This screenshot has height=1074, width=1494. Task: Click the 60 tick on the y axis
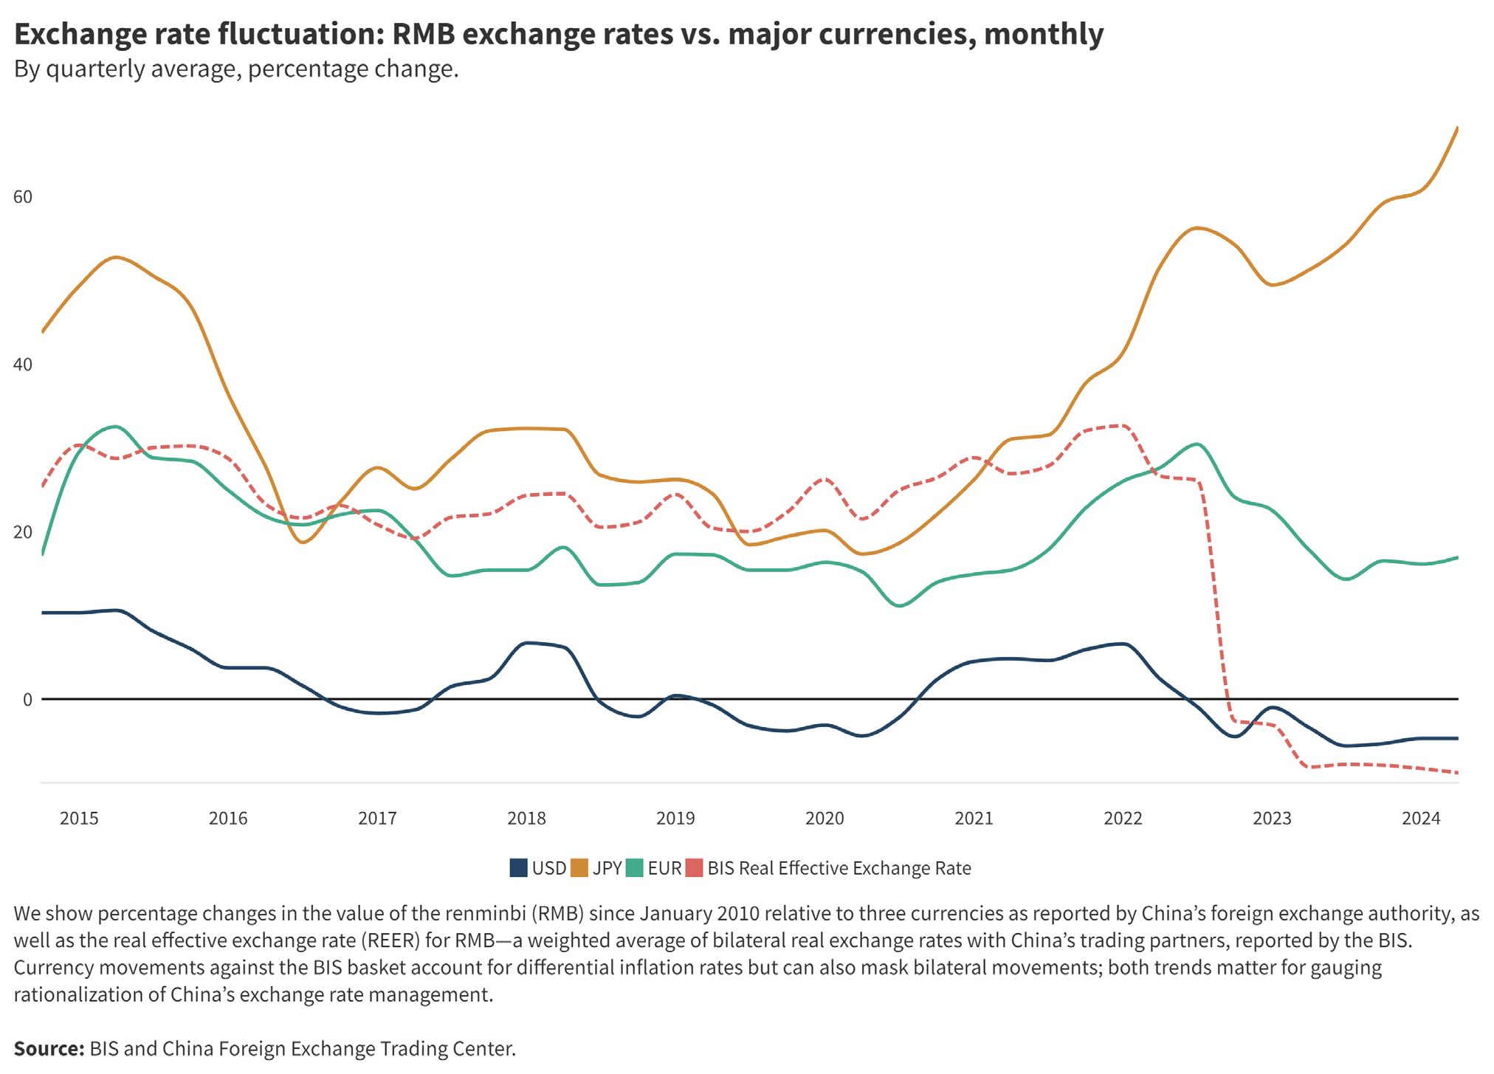23,197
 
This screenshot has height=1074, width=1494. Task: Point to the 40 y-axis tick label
23,365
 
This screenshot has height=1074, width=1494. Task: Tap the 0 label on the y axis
27,700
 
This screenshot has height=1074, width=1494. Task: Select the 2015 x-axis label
79,819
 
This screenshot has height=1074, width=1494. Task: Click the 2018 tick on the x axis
526,819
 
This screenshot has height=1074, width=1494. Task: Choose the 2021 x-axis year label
974,819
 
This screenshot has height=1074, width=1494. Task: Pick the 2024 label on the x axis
1421,819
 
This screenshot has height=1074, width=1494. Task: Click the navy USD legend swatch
519,868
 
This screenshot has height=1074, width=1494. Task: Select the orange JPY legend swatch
579,868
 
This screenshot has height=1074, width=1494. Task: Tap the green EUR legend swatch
634,868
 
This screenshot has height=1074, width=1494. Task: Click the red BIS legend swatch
695,868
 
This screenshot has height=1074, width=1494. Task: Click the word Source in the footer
49,1048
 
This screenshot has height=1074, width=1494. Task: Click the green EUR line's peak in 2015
115,427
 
